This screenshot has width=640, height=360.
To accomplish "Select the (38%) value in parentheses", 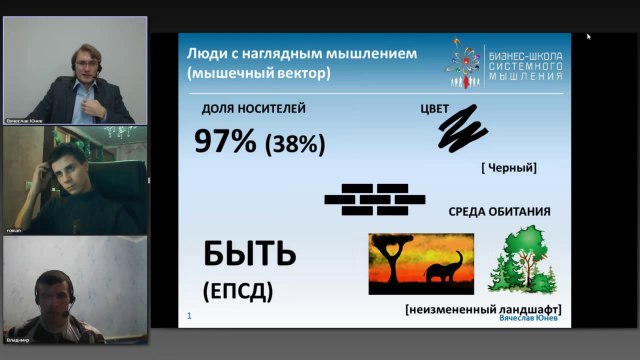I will coord(294,144).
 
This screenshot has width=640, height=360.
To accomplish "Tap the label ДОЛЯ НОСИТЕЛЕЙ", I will coord(253,108).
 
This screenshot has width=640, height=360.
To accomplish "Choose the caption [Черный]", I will coord(508,168).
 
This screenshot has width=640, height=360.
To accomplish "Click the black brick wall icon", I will coord(367,198).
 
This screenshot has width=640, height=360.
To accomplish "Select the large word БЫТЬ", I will coord(249,254).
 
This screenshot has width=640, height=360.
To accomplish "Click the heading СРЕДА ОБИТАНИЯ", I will coord(498,213).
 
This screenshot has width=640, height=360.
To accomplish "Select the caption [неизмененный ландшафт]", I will coord(483,309).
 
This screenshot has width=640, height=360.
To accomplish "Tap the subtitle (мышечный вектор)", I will coord(263,74).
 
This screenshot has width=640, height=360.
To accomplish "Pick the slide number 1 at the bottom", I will coord(189,316).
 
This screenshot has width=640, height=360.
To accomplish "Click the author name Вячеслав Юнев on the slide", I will coord(529,319).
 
